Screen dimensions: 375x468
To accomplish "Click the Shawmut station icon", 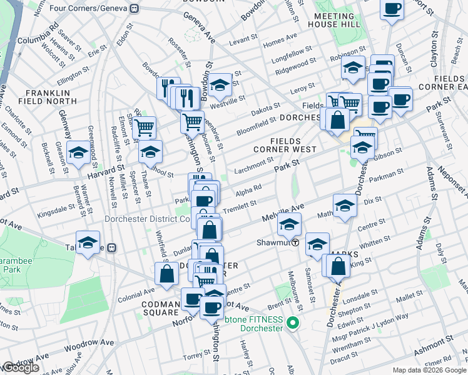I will point(295,242).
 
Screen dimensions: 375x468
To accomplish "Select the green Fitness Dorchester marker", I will point(292,323).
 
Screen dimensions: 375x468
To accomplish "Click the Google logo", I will point(21,367).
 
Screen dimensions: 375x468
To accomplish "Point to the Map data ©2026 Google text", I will point(429,370).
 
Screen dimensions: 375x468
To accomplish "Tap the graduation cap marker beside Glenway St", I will point(78,153).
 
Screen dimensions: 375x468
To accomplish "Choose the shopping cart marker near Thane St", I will point(145,128).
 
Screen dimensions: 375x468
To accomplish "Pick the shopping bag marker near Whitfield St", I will point(166,274).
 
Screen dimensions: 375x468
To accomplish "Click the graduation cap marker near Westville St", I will point(220,86).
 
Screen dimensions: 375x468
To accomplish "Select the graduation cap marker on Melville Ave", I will point(289,223).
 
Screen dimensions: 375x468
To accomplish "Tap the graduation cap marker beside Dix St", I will point(345,206).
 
